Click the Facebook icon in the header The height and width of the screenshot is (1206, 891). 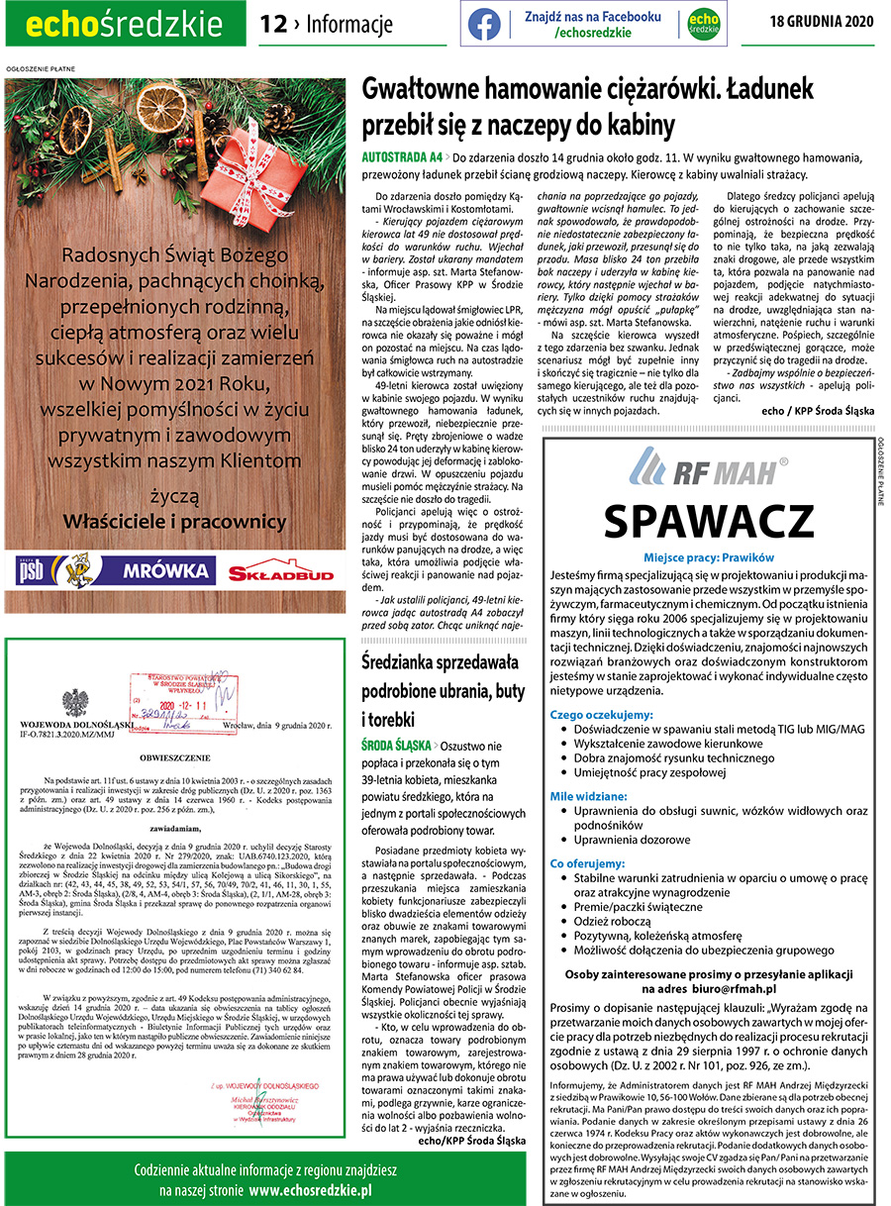[x=484, y=24]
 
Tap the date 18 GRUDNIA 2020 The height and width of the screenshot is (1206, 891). [x=821, y=22]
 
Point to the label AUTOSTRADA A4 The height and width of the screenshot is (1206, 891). [x=401, y=157]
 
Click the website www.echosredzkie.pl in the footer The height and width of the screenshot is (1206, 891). [x=310, y=1189]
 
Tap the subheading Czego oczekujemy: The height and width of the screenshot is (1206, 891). [x=602, y=714]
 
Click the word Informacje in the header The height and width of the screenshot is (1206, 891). [x=348, y=24]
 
